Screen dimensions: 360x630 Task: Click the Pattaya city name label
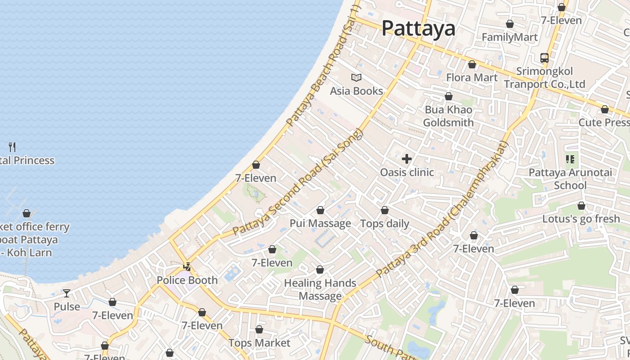[418, 28]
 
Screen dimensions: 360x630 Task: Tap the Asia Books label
[356, 91]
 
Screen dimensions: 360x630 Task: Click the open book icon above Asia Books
[356, 78]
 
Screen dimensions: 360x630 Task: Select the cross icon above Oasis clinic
[407, 159]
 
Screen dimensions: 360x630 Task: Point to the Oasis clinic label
[407, 172]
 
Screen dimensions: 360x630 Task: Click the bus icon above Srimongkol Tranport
[544, 58]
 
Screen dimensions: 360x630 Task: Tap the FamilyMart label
[510, 37]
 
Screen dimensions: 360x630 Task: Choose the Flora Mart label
[472, 77]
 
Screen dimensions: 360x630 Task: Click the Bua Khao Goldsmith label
[448, 116]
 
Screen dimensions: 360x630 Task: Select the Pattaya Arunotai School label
[570, 179]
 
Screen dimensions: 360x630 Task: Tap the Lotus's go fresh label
[581, 219]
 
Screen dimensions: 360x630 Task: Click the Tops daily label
[385, 224]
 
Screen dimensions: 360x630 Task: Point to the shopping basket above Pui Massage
[320, 210]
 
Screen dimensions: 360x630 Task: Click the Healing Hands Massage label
[320, 289]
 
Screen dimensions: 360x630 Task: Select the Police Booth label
[187, 280]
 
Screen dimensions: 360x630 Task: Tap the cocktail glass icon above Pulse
[67, 293]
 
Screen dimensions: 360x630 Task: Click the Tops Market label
[259, 343]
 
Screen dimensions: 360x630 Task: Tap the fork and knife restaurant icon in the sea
[12, 147]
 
